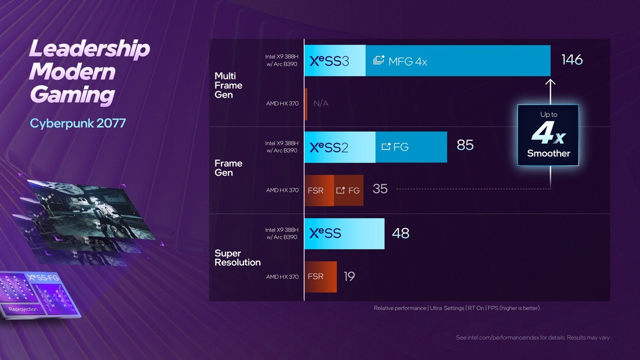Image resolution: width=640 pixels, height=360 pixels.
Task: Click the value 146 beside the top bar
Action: tap(572, 60)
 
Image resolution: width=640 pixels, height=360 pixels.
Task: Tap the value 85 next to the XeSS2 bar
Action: tap(465, 146)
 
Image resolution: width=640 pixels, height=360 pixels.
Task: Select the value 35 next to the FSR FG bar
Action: tap(380, 189)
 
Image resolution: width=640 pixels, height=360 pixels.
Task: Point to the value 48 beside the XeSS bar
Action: tap(400, 234)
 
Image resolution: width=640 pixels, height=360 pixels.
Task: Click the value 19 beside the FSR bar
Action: tap(349, 277)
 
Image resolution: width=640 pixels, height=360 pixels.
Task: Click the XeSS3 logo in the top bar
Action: tap(329, 61)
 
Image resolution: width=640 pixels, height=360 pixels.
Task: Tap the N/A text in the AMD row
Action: tap(321, 103)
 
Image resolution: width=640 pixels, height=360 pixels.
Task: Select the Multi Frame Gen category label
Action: tap(228, 85)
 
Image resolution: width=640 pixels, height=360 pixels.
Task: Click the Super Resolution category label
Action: tap(237, 258)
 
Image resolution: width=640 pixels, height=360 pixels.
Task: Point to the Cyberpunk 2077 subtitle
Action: tap(78, 123)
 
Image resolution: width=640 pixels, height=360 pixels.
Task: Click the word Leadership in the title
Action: tap(89, 49)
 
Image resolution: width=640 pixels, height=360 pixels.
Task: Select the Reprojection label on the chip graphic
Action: tap(23, 309)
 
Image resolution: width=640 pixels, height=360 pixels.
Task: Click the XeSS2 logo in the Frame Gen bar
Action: tap(329, 147)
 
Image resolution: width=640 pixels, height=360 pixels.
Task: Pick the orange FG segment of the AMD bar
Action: tap(348, 190)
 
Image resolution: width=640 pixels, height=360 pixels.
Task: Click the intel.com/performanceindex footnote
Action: tap(533, 338)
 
